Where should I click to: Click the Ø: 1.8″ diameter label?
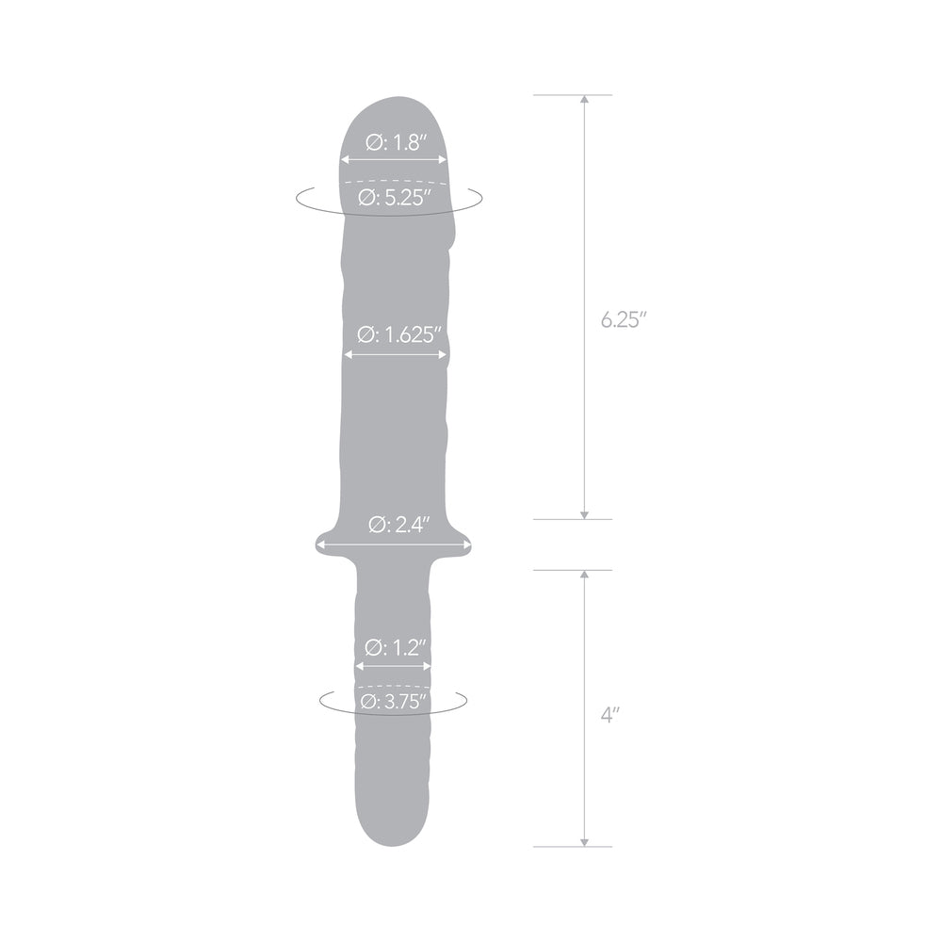(x=395, y=144)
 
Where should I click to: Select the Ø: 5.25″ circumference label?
(x=395, y=198)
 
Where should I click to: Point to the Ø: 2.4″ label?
(x=395, y=525)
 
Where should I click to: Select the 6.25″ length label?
(x=623, y=319)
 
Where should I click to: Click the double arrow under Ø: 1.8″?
(x=395, y=161)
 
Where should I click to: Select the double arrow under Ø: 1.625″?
(x=395, y=354)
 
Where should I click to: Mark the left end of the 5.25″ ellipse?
(x=297, y=198)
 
